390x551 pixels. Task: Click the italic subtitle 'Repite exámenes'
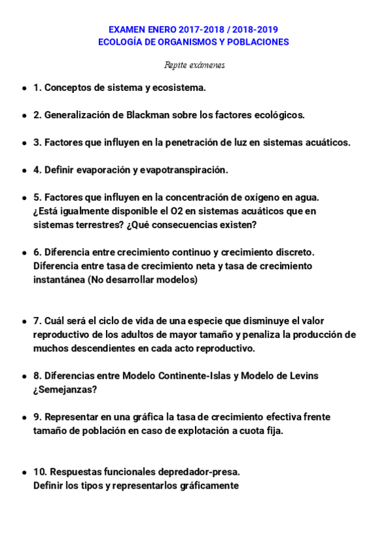194,65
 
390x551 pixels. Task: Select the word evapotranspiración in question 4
185,170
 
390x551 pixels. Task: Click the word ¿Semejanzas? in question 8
65,390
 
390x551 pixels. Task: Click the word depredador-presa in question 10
200,472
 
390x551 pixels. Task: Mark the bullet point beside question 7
25,321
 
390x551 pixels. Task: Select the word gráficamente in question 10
207,486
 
